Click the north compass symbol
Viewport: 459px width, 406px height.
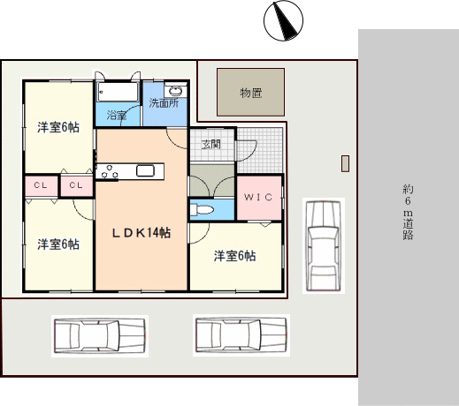(x=283, y=20)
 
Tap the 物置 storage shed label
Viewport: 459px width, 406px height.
(x=251, y=93)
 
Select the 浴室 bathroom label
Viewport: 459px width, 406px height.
(x=117, y=115)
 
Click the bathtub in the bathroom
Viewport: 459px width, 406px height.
(x=118, y=92)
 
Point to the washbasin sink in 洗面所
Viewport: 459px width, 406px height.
(x=176, y=91)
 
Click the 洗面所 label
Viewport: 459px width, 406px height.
(x=164, y=103)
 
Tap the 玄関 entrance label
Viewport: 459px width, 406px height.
(x=211, y=144)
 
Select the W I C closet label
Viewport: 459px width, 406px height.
(x=258, y=197)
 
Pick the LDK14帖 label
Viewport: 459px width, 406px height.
(x=142, y=233)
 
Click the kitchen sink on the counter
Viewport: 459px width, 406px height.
(x=145, y=170)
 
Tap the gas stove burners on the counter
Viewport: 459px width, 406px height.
(x=110, y=172)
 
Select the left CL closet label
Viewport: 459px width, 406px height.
(x=41, y=185)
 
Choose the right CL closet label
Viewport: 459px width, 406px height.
(x=76, y=185)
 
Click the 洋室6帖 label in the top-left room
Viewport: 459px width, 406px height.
(x=58, y=127)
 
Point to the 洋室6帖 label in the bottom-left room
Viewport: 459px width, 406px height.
(x=58, y=244)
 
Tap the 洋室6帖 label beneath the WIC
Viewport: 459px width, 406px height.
(x=234, y=256)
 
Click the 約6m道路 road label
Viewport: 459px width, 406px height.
(x=408, y=212)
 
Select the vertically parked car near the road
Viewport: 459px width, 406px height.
(x=324, y=245)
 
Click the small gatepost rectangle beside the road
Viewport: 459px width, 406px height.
(x=346, y=163)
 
